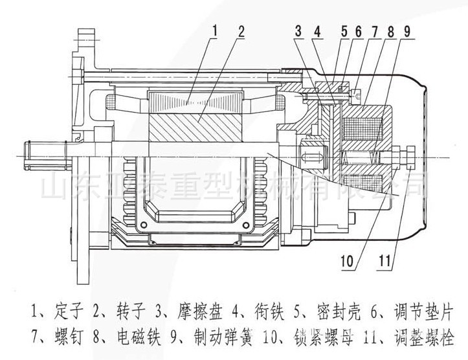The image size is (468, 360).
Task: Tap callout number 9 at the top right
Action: point(407,30)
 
